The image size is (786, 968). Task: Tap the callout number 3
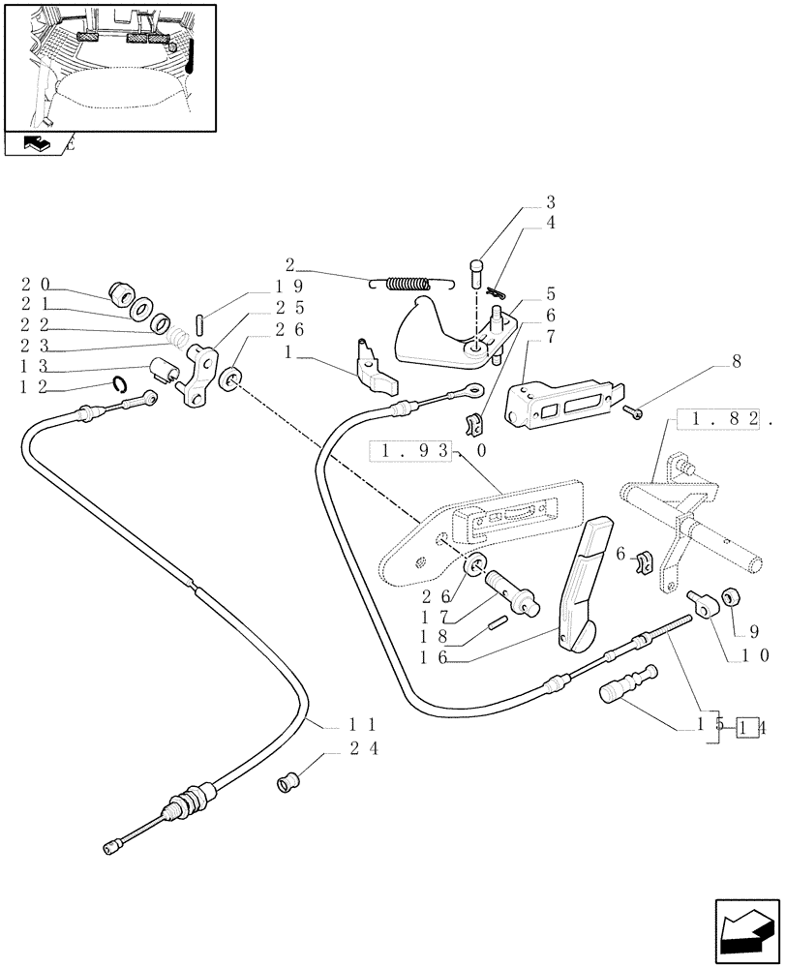pyautogui.click(x=550, y=202)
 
